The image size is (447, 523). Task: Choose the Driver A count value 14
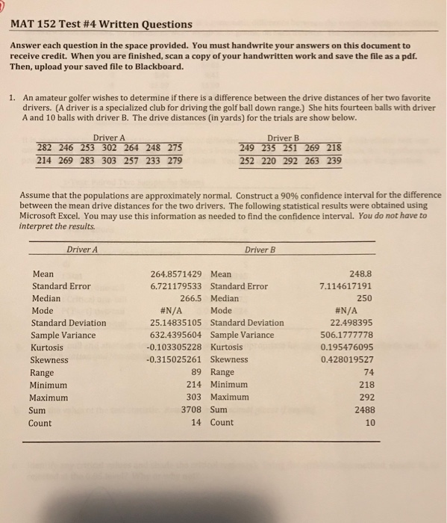coord(197,423)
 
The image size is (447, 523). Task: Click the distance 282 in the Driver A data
coord(47,146)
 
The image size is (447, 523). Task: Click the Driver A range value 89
coord(197,373)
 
